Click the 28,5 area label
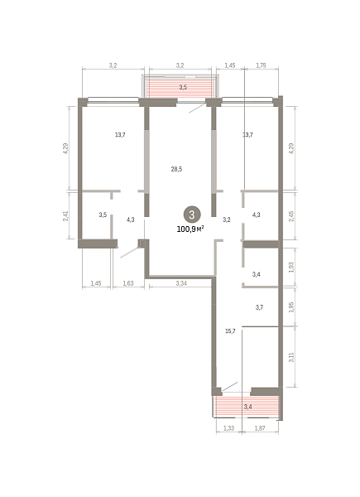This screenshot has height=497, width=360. click(x=176, y=169)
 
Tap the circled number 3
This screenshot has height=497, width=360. click(x=191, y=215)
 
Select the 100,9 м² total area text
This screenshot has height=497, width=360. click(x=190, y=229)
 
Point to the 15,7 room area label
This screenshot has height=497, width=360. click(x=230, y=331)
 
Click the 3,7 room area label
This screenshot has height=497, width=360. click(x=259, y=307)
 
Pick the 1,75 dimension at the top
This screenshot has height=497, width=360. click(x=261, y=65)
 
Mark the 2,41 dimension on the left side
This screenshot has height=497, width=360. click(x=65, y=215)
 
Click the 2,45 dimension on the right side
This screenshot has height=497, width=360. click(x=291, y=216)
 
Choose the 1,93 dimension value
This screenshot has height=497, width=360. click(x=291, y=268)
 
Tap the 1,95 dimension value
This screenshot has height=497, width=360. click(x=291, y=306)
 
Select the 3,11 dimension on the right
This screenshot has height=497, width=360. click(x=291, y=357)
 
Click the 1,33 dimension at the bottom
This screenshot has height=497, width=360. click(x=228, y=428)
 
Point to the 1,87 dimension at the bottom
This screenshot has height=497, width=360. click(x=260, y=428)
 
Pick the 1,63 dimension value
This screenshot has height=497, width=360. click(x=128, y=283)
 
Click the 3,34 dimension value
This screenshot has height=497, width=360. click(x=181, y=283)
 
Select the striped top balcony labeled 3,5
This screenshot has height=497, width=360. click(x=180, y=87)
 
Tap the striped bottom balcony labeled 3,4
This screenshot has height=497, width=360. click(x=247, y=407)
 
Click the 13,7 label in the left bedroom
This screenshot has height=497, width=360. click(x=120, y=135)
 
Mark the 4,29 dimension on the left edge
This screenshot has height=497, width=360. click(x=65, y=148)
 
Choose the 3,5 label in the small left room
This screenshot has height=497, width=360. click(x=103, y=215)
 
